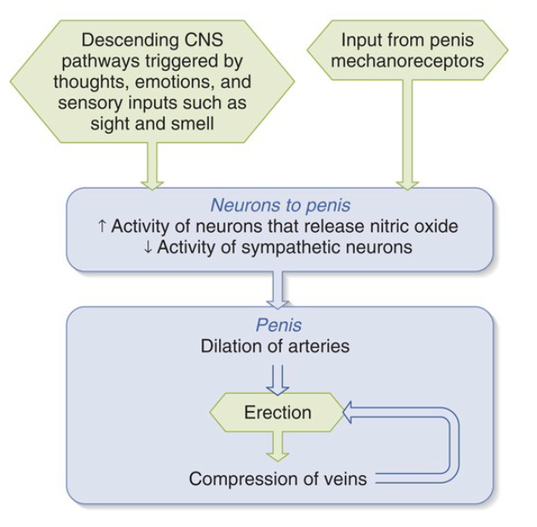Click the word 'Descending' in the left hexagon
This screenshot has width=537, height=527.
point(130,41)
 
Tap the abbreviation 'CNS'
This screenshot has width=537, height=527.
point(204,40)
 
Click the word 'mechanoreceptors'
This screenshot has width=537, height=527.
point(407,61)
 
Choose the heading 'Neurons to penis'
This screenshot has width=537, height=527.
point(280,206)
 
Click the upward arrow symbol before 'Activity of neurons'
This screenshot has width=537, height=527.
point(101,227)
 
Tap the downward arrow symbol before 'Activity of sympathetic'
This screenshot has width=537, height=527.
point(147,247)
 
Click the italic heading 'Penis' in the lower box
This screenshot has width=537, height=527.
point(279,325)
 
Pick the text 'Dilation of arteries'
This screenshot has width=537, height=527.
point(275,346)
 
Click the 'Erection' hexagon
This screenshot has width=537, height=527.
point(277,412)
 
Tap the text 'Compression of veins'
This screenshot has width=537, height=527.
point(278,478)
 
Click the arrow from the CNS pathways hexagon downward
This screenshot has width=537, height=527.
point(152,165)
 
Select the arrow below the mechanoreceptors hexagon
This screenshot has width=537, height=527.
point(407,135)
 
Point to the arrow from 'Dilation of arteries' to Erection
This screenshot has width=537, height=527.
point(278,380)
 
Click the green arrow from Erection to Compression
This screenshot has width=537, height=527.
point(278,447)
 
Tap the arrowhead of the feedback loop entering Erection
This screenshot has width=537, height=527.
point(347,412)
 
